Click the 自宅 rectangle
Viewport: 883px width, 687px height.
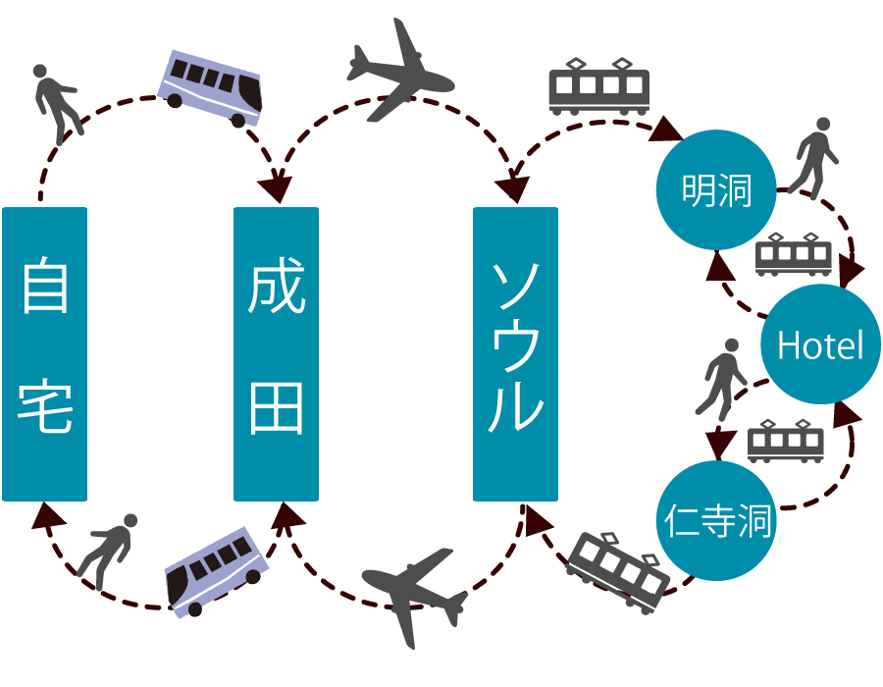[44, 353]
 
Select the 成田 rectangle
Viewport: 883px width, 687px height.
[276, 353]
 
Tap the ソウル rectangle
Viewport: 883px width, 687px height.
[515, 353]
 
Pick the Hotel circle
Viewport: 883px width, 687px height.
[820, 344]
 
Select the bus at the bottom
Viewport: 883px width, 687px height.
[217, 572]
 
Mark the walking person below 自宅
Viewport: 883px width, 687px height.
[108, 550]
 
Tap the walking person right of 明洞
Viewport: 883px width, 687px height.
[813, 157]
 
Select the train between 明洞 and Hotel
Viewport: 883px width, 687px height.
[794, 254]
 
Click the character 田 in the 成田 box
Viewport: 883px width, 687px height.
[276, 407]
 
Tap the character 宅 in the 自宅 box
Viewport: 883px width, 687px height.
[45, 407]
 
